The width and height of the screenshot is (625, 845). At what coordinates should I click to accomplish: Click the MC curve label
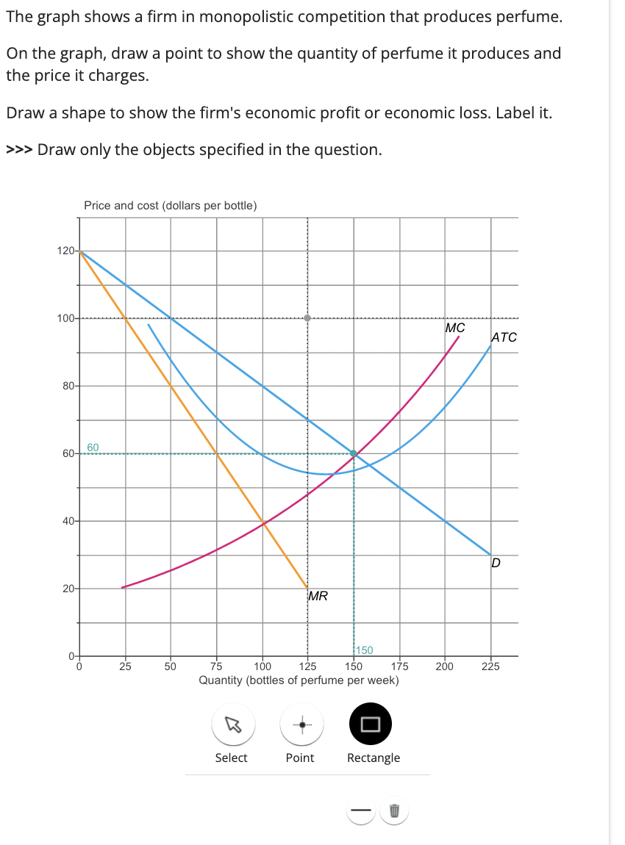tap(455, 328)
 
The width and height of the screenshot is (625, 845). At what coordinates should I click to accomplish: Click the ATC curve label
tap(504, 337)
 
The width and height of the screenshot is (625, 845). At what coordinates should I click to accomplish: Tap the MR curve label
tap(318, 596)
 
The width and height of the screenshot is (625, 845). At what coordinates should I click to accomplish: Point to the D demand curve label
tap(496, 564)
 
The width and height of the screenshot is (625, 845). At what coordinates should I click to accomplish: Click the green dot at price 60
tap(354, 453)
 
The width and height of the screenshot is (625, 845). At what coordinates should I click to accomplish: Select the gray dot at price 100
tap(308, 318)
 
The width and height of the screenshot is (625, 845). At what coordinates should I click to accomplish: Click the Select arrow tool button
tap(231, 724)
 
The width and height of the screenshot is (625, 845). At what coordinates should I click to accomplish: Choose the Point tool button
tap(299, 724)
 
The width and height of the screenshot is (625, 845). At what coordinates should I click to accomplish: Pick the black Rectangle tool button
tap(370, 724)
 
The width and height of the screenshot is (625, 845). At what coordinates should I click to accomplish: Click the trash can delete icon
tap(393, 811)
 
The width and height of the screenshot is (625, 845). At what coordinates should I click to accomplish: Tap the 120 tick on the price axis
tap(65, 251)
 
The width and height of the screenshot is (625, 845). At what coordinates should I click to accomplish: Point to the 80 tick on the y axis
tap(67, 386)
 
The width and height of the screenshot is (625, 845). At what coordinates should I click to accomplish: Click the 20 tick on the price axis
tap(67, 589)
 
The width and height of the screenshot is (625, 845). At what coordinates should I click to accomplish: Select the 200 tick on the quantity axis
tap(444, 666)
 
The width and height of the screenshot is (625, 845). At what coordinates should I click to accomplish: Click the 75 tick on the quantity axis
tap(216, 666)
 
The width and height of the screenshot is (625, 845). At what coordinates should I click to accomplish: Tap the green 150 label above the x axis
tap(364, 650)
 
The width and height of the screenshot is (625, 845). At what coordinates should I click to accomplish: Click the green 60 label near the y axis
tap(93, 447)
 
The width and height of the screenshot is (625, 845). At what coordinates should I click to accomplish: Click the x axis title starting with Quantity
tap(299, 680)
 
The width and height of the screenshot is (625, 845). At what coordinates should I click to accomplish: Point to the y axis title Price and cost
tap(170, 205)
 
